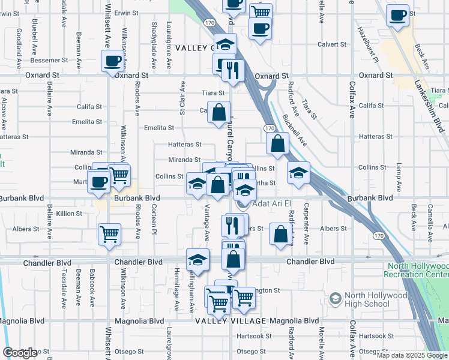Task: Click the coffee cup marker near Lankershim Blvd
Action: point(397,15)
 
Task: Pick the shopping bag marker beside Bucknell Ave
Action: point(277,143)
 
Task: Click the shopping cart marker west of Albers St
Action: point(109,234)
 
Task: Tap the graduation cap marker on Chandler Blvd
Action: point(197,260)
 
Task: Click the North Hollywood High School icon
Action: point(335,298)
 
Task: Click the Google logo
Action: point(20,353)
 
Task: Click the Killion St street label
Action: point(69,214)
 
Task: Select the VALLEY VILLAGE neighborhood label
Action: point(231,321)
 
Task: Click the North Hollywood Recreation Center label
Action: point(418,270)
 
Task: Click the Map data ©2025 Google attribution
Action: point(411,355)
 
